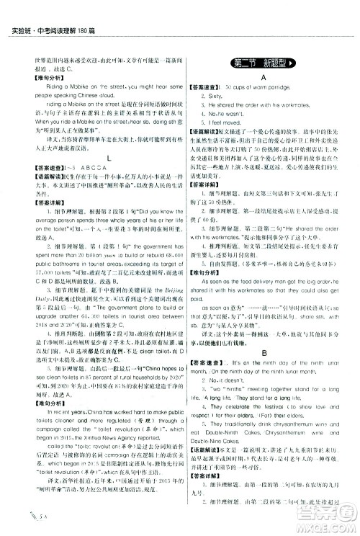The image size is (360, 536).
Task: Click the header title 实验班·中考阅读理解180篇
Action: [x=42, y=9]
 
